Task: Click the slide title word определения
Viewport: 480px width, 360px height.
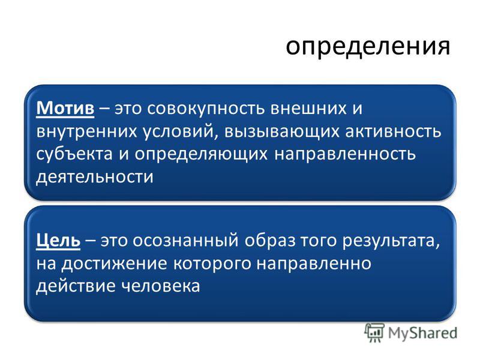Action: click(x=368, y=47)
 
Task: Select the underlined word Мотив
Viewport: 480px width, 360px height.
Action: click(x=65, y=108)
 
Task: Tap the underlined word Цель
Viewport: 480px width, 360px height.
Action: click(x=58, y=241)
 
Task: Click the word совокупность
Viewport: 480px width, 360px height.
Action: click(x=206, y=109)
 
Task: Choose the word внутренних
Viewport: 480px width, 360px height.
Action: click(x=86, y=131)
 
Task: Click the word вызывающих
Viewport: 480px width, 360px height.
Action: click(x=281, y=131)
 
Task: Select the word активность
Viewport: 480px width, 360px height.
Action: click(x=393, y=131)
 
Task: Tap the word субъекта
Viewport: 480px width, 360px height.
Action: click(x=74, y=153)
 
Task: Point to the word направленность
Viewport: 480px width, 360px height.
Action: click(x=345, y=154)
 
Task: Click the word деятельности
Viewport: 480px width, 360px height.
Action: click(x=95, y=177)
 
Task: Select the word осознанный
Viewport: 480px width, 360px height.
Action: click(x=185, y=241)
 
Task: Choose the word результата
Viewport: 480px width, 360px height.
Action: click(x=391, y=241)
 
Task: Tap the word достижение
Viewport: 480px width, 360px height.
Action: click(x=114, y=264)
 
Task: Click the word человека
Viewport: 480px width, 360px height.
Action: click(x=160, y=286)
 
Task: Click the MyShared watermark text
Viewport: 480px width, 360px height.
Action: click(x=423, y=333)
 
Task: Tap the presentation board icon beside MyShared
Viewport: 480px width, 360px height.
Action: click(x=374, y=332)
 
